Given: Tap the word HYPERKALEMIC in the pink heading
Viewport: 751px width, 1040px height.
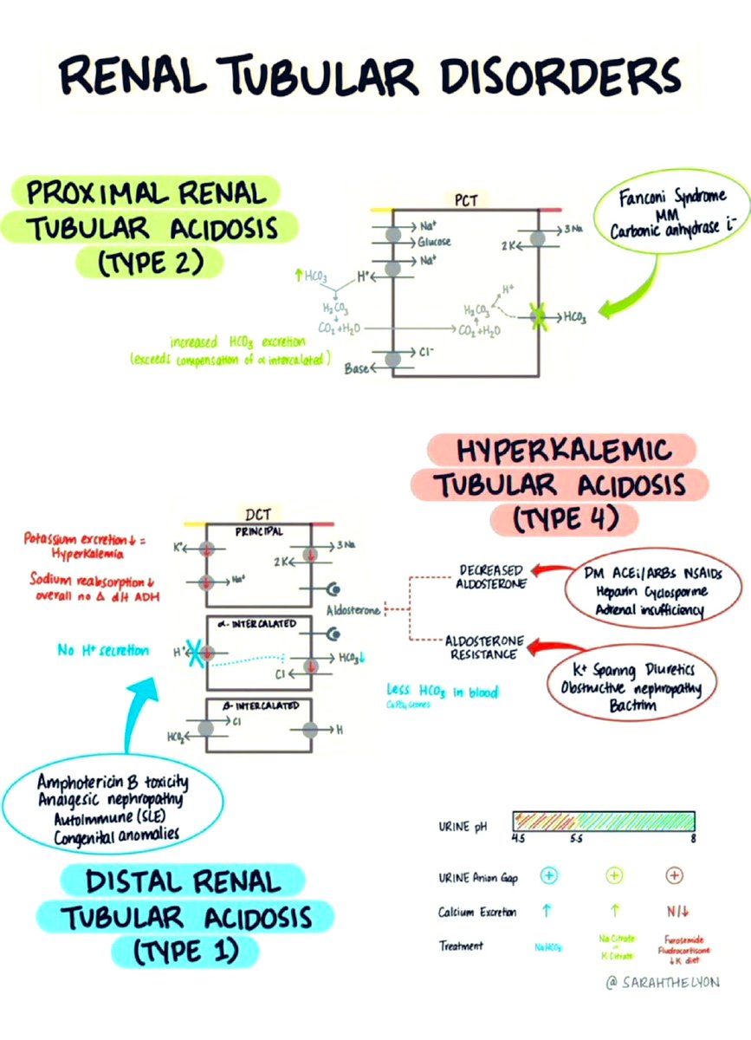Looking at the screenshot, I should coord(564,452).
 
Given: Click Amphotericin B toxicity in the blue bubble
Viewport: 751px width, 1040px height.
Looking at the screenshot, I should coord(113,783).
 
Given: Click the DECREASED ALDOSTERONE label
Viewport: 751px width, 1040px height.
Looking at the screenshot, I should coord(490,577).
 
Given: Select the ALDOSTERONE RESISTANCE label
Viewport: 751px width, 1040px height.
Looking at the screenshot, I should coord(484,647).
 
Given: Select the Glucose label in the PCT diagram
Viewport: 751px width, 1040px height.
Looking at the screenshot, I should coord(435,242).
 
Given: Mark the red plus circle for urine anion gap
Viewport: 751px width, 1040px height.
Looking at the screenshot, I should coord(675,876).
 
